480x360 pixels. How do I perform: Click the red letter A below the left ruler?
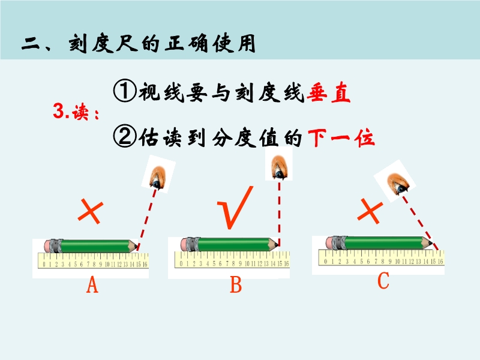point(92,284)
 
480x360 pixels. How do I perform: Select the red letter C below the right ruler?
point(383,280)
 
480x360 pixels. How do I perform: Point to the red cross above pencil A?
point(91,212)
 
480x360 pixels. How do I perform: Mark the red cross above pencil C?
point(370,211)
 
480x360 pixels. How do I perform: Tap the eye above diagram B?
point(279,167)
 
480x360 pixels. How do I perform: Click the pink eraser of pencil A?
point(49,246)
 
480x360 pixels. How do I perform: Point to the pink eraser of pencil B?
point(185,244)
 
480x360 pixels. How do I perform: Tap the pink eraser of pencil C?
point(330,243)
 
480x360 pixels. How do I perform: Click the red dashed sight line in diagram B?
point(279,214)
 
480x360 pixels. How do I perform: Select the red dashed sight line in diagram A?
point(147,220)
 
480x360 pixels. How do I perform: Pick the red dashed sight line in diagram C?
point(420,223)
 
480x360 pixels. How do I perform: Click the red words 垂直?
point(328,92)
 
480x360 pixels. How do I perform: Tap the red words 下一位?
point(341,139)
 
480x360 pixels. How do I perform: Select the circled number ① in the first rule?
point(125,91)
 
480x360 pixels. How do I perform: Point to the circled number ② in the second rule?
point(125,137)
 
